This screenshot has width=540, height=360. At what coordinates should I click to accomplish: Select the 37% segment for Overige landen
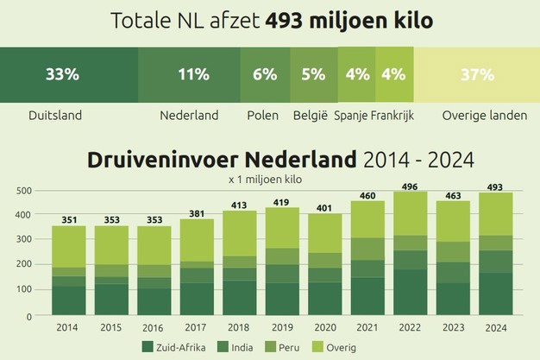click(477, 74)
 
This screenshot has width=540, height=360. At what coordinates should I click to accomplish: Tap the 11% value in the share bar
click(188, 74)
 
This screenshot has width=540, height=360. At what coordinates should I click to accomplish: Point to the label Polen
click(262, 115)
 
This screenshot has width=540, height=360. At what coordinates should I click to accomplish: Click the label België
click(311, 115)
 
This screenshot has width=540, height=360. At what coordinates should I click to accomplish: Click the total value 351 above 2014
click(69, 219)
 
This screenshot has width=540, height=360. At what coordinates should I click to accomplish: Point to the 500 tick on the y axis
click(24, 191)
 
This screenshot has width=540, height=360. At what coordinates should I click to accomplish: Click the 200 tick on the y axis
click(24, 266)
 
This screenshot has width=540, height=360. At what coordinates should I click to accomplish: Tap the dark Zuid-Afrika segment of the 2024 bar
click(496, 294)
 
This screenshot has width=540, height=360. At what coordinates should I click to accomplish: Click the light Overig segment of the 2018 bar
click(240, 233)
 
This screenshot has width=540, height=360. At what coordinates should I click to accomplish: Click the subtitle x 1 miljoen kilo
click(269, 180)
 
